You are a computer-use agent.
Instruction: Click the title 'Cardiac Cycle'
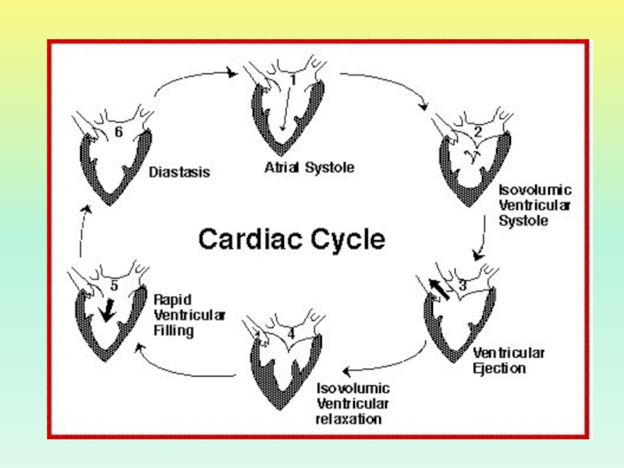292,239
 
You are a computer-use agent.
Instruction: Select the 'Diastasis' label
179,172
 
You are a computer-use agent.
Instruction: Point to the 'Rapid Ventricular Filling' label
190,315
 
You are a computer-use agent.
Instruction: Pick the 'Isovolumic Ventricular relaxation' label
353,403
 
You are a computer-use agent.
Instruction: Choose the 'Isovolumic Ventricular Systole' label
535,205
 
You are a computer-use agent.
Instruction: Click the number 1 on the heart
292,79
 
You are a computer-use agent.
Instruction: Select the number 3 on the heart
462,285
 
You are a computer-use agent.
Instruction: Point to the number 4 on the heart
291,334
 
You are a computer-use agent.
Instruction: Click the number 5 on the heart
114,286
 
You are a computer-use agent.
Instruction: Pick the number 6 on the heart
119,133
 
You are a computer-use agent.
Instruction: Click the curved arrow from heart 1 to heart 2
386,83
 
